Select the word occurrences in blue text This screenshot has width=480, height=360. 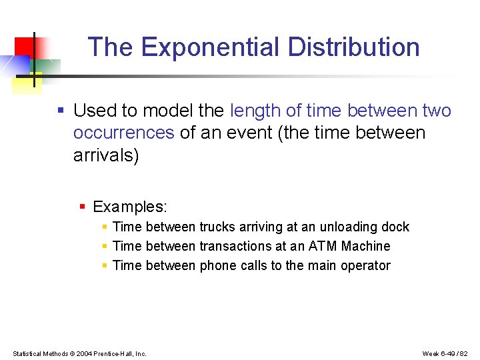123,133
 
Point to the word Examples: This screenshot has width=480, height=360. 130,207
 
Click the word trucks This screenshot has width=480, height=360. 218,227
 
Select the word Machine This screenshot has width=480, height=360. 365,247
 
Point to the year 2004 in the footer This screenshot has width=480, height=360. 84,353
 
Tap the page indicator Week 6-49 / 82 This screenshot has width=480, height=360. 446,353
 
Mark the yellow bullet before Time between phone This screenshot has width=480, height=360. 105,266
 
